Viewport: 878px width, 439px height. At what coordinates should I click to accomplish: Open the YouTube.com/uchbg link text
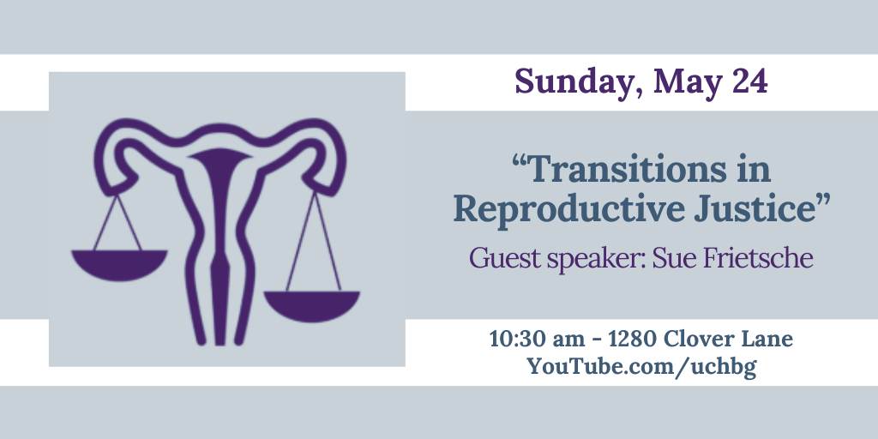(x=641, y=367)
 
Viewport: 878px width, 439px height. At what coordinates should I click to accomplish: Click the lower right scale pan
(x=311, y=305)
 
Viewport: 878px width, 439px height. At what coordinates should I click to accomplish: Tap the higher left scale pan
(x=119, y=264)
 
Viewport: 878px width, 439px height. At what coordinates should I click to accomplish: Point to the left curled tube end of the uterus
(x=112, y=159)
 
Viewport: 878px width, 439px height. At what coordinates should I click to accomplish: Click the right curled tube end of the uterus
(x=328, y=159)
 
